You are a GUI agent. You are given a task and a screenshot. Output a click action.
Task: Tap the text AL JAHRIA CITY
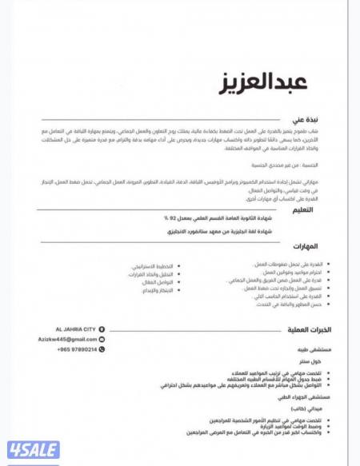[75, 329]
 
